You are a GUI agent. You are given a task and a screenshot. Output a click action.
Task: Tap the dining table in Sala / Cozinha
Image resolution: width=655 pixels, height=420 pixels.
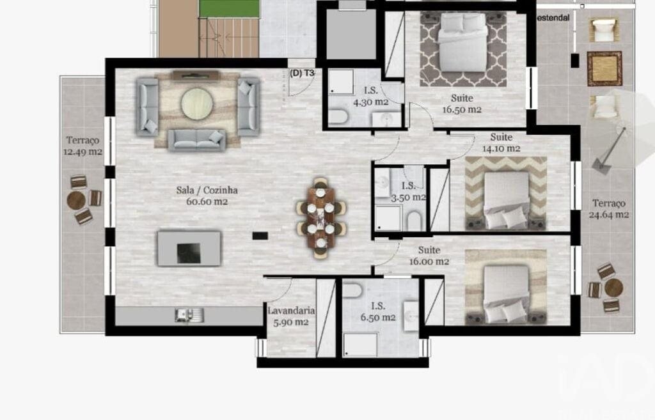321,217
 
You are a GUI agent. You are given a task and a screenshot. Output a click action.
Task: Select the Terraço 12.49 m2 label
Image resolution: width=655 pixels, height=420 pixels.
83,146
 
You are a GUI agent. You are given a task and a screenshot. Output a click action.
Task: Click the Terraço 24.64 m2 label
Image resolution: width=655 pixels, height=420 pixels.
609,209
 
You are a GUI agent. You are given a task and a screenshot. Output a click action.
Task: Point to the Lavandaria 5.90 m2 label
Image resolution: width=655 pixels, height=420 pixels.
291,316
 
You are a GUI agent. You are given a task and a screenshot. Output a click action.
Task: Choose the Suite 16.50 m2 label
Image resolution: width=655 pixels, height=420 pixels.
462,104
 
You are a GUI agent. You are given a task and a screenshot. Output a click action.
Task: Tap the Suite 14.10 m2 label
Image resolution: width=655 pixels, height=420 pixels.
501,143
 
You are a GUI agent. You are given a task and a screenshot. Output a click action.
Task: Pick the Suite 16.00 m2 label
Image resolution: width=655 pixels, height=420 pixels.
429,256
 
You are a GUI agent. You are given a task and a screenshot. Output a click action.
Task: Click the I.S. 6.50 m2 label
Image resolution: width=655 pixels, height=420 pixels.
378,311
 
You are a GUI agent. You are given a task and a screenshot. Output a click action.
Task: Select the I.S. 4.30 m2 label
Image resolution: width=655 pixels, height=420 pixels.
371,96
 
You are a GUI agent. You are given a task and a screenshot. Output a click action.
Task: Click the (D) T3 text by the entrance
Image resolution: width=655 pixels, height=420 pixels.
302,73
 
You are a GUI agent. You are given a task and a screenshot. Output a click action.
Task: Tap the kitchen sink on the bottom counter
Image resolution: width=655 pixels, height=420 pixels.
189,315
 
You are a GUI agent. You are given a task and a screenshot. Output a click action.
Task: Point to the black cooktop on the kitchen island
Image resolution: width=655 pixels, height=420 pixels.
189,253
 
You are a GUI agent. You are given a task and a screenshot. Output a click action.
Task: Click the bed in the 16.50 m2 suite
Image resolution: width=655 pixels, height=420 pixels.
463,43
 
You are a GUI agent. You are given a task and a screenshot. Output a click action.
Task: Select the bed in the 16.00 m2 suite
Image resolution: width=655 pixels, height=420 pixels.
507,295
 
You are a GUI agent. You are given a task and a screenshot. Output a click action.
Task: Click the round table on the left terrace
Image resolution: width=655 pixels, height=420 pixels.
77,200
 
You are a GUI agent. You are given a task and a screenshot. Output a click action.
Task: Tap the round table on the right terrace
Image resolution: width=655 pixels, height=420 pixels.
613,288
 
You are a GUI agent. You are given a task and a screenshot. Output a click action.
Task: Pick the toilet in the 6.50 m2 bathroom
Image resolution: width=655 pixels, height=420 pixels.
353,290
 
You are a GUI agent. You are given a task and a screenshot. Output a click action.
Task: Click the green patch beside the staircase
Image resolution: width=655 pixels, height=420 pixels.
229,8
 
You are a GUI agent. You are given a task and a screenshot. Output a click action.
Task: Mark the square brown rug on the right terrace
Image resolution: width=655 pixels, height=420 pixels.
604,68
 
